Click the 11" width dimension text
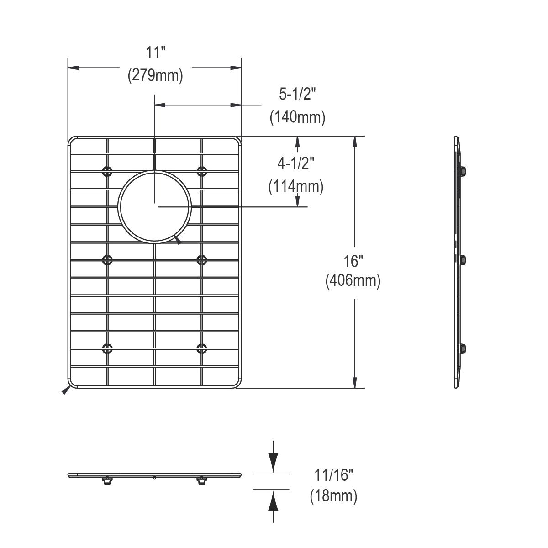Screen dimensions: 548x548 tap(155, 52)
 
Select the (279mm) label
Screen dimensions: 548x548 tap(155, 75)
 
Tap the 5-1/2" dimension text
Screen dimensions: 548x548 tap(297, 95)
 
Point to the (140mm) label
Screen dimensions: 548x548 tap(297, 117)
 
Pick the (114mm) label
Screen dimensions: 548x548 tap(296, 186)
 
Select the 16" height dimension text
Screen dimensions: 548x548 tap(353, 262)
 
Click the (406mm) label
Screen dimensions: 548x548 tap(353, 280)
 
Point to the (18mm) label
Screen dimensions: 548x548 tap(333, 495)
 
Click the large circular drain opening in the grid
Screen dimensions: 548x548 tap(154, 206)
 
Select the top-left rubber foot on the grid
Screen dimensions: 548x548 tap(107, 171)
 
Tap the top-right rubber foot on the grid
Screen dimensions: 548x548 tap(201, 171)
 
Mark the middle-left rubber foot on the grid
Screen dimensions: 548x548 tap(107, 260)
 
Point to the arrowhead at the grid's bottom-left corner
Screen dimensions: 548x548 tap(66, 390)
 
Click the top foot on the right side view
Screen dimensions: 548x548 tap(462, 171)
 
